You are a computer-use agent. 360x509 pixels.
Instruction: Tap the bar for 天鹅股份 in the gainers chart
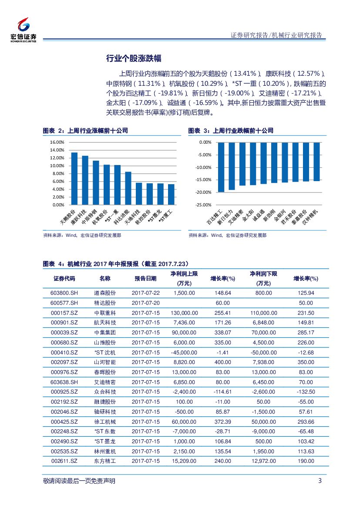(x=74, y=179)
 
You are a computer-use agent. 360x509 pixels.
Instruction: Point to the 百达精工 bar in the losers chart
(x=221, y=167)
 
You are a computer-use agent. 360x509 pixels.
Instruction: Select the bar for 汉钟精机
(x=316, y=162)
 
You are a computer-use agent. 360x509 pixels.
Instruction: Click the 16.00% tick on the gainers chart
(x=57, y=142)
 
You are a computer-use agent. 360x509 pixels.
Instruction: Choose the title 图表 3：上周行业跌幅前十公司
(x=231, y=131)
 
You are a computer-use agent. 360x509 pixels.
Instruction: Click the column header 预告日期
(x=145, y=279)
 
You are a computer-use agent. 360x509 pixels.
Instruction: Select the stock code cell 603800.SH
(x=64, y=293)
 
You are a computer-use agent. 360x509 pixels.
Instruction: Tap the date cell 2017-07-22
(x=145, y=293)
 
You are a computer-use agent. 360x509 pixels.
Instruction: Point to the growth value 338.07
(x=222, y=333)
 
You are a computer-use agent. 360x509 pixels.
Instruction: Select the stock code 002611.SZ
(x=64, y=461)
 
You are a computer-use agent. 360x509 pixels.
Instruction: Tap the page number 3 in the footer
(x=320, y=481)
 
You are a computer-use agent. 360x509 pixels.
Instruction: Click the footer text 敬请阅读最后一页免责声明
(x=80, y=481)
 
